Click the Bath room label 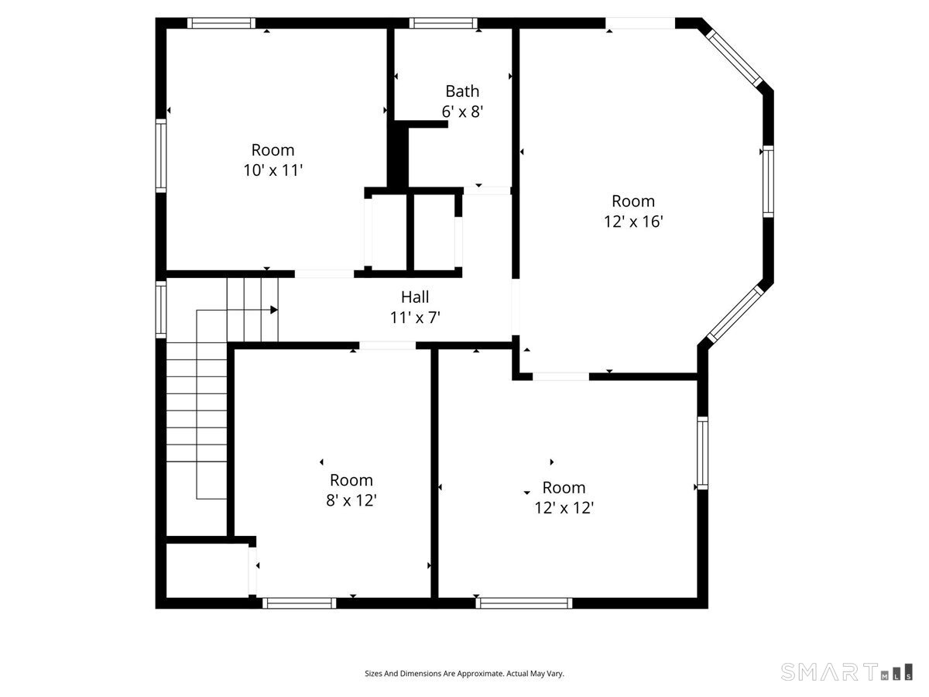462,91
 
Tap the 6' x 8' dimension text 462,112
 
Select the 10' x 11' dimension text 273,170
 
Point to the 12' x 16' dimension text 633,221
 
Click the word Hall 415,297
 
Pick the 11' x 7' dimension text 415,318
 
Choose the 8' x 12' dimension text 351,500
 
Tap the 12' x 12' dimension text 564,508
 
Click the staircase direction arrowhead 274,310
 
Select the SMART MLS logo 846,671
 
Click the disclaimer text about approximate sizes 464,673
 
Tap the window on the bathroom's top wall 443,23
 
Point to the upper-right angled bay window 735,58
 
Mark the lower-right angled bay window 735,314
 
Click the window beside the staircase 161,310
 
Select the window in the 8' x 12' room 300,603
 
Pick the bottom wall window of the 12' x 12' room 524,603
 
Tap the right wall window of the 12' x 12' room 702,453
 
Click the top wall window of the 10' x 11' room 221,23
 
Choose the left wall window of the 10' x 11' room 161,156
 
